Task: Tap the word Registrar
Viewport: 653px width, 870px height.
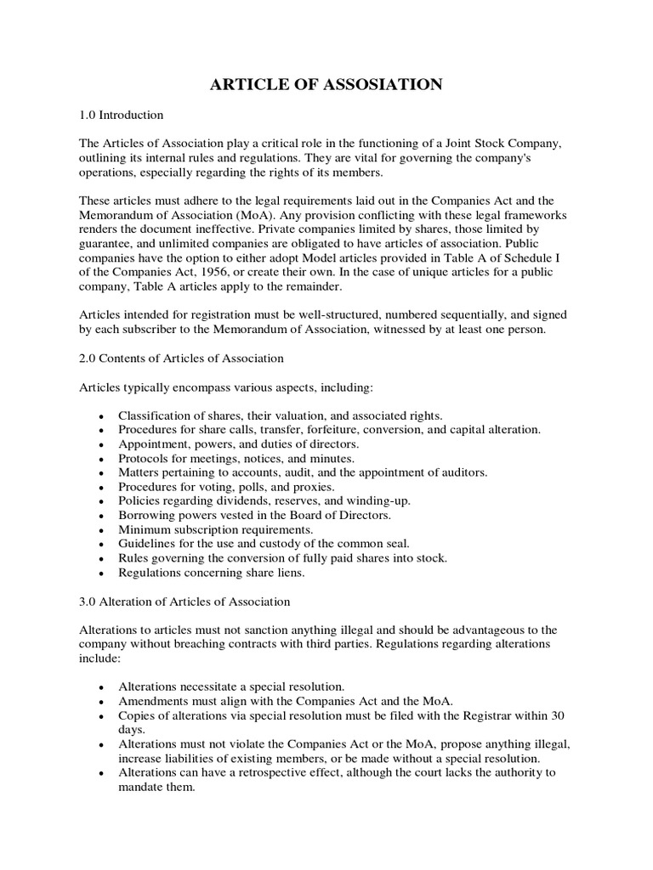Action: coord(492,715)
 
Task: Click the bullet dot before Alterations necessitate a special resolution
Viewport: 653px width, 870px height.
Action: coord(102,686)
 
